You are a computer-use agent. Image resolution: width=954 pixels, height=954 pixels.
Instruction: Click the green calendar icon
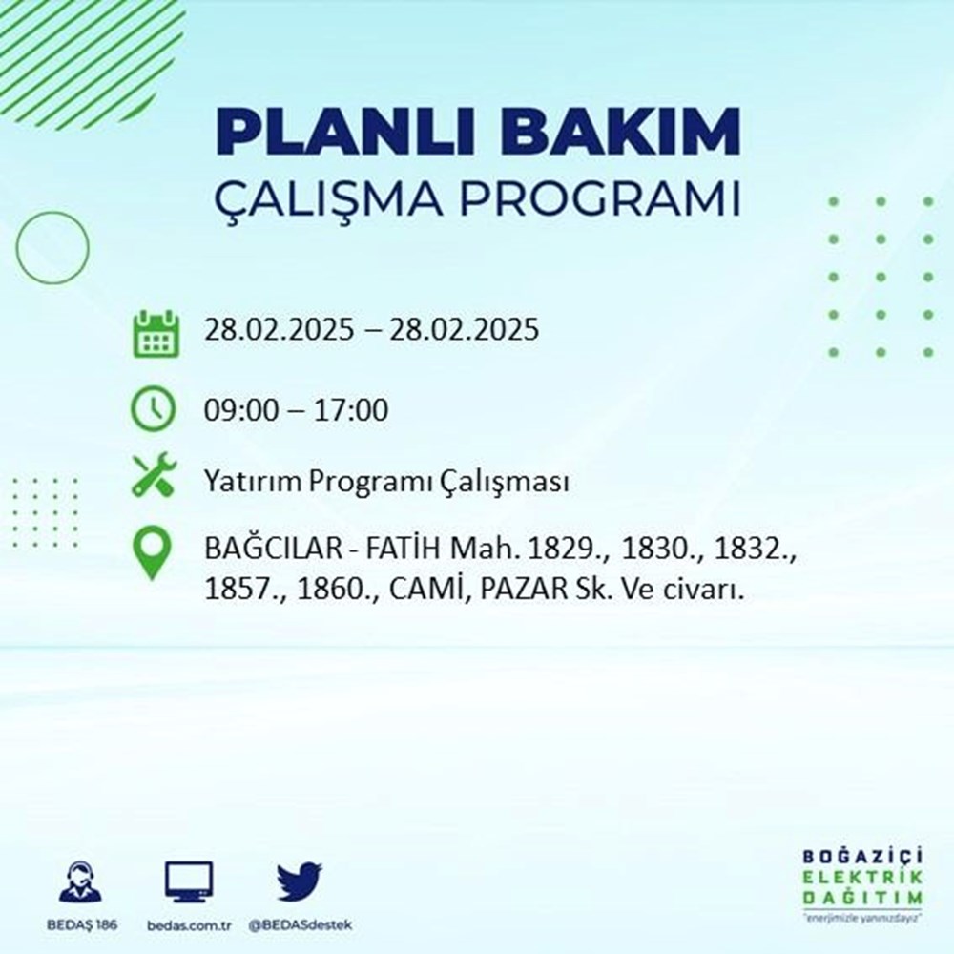point(154,332)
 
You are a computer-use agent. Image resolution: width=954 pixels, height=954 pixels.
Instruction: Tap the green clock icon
point(154,410)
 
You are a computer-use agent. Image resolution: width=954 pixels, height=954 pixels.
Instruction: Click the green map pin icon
point(154,553)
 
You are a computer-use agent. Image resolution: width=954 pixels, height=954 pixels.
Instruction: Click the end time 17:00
point(353,411)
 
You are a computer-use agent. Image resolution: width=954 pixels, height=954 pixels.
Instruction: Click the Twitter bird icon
point(300,883)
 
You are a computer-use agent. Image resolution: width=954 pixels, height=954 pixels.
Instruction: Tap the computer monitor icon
point(189,882)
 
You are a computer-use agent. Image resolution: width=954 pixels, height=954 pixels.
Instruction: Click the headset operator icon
point(80,883)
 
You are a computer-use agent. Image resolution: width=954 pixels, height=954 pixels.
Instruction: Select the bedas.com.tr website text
point(189,926)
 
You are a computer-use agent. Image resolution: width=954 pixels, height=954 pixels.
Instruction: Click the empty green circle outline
point(52,247)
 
